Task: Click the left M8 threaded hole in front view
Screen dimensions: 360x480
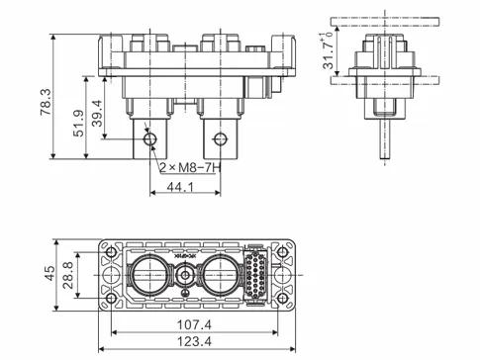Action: pyautogui.click(x=149, y=139)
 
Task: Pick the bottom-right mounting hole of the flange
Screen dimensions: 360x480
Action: pyautogui.click(x=283, y=295)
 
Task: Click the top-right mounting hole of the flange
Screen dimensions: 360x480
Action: pyautogui.click(x=283, y=252)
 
